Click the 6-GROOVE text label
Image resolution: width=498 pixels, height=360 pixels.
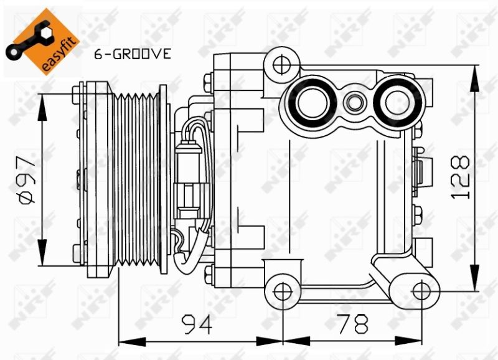point(133,54)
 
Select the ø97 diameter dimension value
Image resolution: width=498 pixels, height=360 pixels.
point(27,179)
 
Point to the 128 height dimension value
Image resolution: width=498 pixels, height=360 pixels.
point(460,177)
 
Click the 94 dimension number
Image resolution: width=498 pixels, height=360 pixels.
point(197,324)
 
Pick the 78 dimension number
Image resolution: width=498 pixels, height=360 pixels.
point(353,324)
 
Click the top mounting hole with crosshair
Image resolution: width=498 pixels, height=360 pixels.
point(282,65)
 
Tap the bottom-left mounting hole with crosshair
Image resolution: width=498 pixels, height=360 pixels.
point(283,292)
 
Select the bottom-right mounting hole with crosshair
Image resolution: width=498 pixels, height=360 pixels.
point(421,291)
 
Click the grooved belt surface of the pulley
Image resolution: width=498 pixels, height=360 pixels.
point(136,179)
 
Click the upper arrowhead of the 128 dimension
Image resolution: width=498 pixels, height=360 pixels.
point(474,78)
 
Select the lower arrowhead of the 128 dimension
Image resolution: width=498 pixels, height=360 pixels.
point(474,277)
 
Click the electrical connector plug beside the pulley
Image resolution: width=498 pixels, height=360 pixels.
point(189,181)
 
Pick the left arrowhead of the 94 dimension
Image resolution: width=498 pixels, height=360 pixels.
point(132,342)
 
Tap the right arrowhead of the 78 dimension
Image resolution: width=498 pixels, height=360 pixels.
point(408,342)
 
